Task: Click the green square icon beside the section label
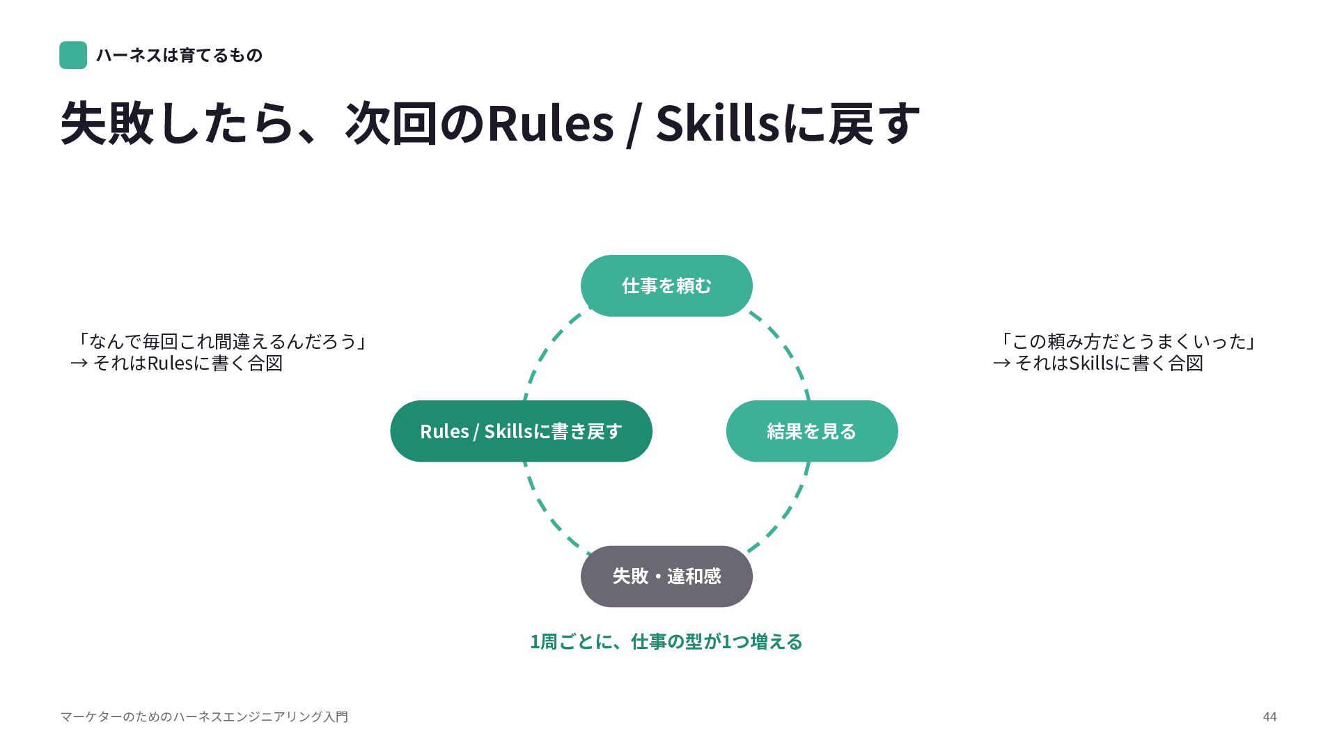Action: (x=73, y=55)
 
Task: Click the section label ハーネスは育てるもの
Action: (x=179, y=55)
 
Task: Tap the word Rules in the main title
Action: (x=550, y=123)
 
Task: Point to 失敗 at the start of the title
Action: (x=107, y=123)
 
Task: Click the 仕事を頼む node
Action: (x=666, y=285)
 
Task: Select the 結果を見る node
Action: (x=812, y=431)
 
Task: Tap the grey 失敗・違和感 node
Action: (x=666, y=577)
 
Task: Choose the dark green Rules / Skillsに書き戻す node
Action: (x=521, y=431)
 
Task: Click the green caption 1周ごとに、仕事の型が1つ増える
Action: (x=666, y=641)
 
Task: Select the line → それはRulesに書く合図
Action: (x=177, y=363)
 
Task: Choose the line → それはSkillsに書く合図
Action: (x=1098, y=363)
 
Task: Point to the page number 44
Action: (x=1269, y=716)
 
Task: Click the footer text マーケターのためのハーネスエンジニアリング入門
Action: (x=204, y=716)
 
